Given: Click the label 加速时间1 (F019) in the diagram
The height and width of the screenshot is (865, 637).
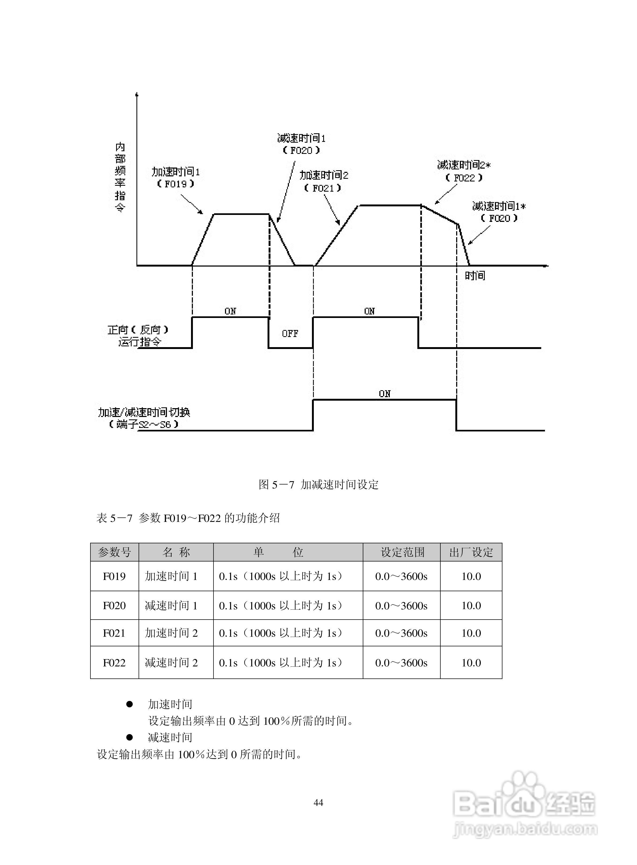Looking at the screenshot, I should pos(176,177).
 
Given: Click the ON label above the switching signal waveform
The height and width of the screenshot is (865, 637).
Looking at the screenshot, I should pos(384,394).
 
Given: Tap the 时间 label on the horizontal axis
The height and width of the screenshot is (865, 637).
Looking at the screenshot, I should pos(475,276).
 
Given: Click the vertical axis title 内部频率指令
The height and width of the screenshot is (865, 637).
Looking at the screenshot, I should pos(120,177).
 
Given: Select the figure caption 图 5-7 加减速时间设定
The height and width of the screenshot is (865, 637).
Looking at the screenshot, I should pos(318,484).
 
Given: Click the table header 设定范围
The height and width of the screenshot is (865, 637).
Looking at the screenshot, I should pos(402,552).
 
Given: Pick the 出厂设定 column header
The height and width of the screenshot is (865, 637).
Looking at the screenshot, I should pos(471,552).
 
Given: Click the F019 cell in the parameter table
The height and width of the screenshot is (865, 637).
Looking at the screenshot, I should pos(114,576).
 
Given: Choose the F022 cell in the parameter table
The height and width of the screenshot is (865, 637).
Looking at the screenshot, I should pos(114,663).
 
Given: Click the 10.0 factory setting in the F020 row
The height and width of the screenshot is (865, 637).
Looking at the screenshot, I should pos(471,605).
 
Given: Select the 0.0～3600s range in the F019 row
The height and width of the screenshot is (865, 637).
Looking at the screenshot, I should pos(401,576).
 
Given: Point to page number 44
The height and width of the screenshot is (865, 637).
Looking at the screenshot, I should pos(318,803).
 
